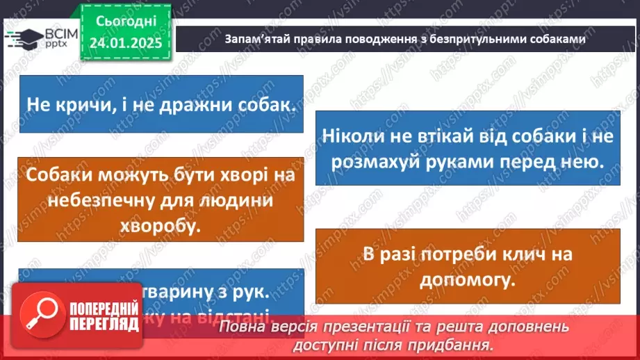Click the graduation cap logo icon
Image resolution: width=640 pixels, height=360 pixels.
[x=20, y=39]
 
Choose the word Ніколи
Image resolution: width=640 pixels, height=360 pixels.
[x=354, y=136]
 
